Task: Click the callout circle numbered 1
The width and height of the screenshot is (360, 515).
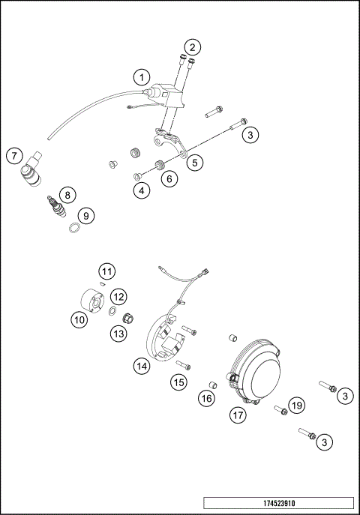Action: [141, 76]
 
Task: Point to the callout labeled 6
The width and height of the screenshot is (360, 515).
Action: [169, 179]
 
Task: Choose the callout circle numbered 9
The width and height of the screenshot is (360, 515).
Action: [87, 216]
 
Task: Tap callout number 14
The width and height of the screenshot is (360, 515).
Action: [141, 366]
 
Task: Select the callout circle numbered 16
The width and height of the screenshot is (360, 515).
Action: [206, 398]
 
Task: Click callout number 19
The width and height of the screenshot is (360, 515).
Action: [297, 406]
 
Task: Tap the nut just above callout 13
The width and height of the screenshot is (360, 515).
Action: [128, 316]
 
